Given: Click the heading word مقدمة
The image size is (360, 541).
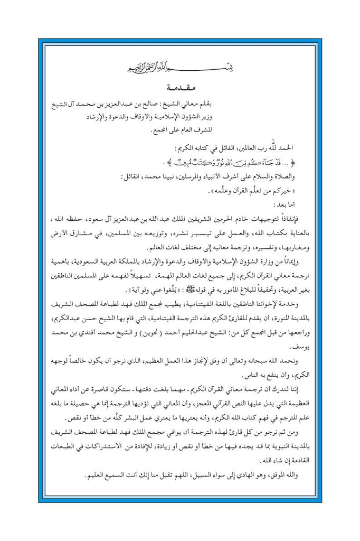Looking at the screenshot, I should pos(180,86).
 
